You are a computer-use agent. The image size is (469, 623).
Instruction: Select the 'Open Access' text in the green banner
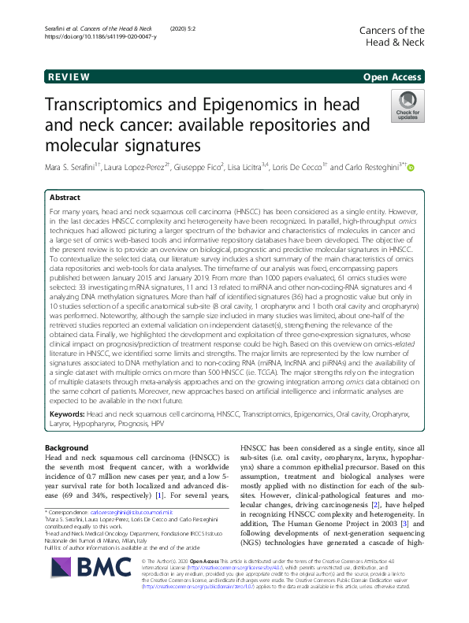click(x=393, y=77)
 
